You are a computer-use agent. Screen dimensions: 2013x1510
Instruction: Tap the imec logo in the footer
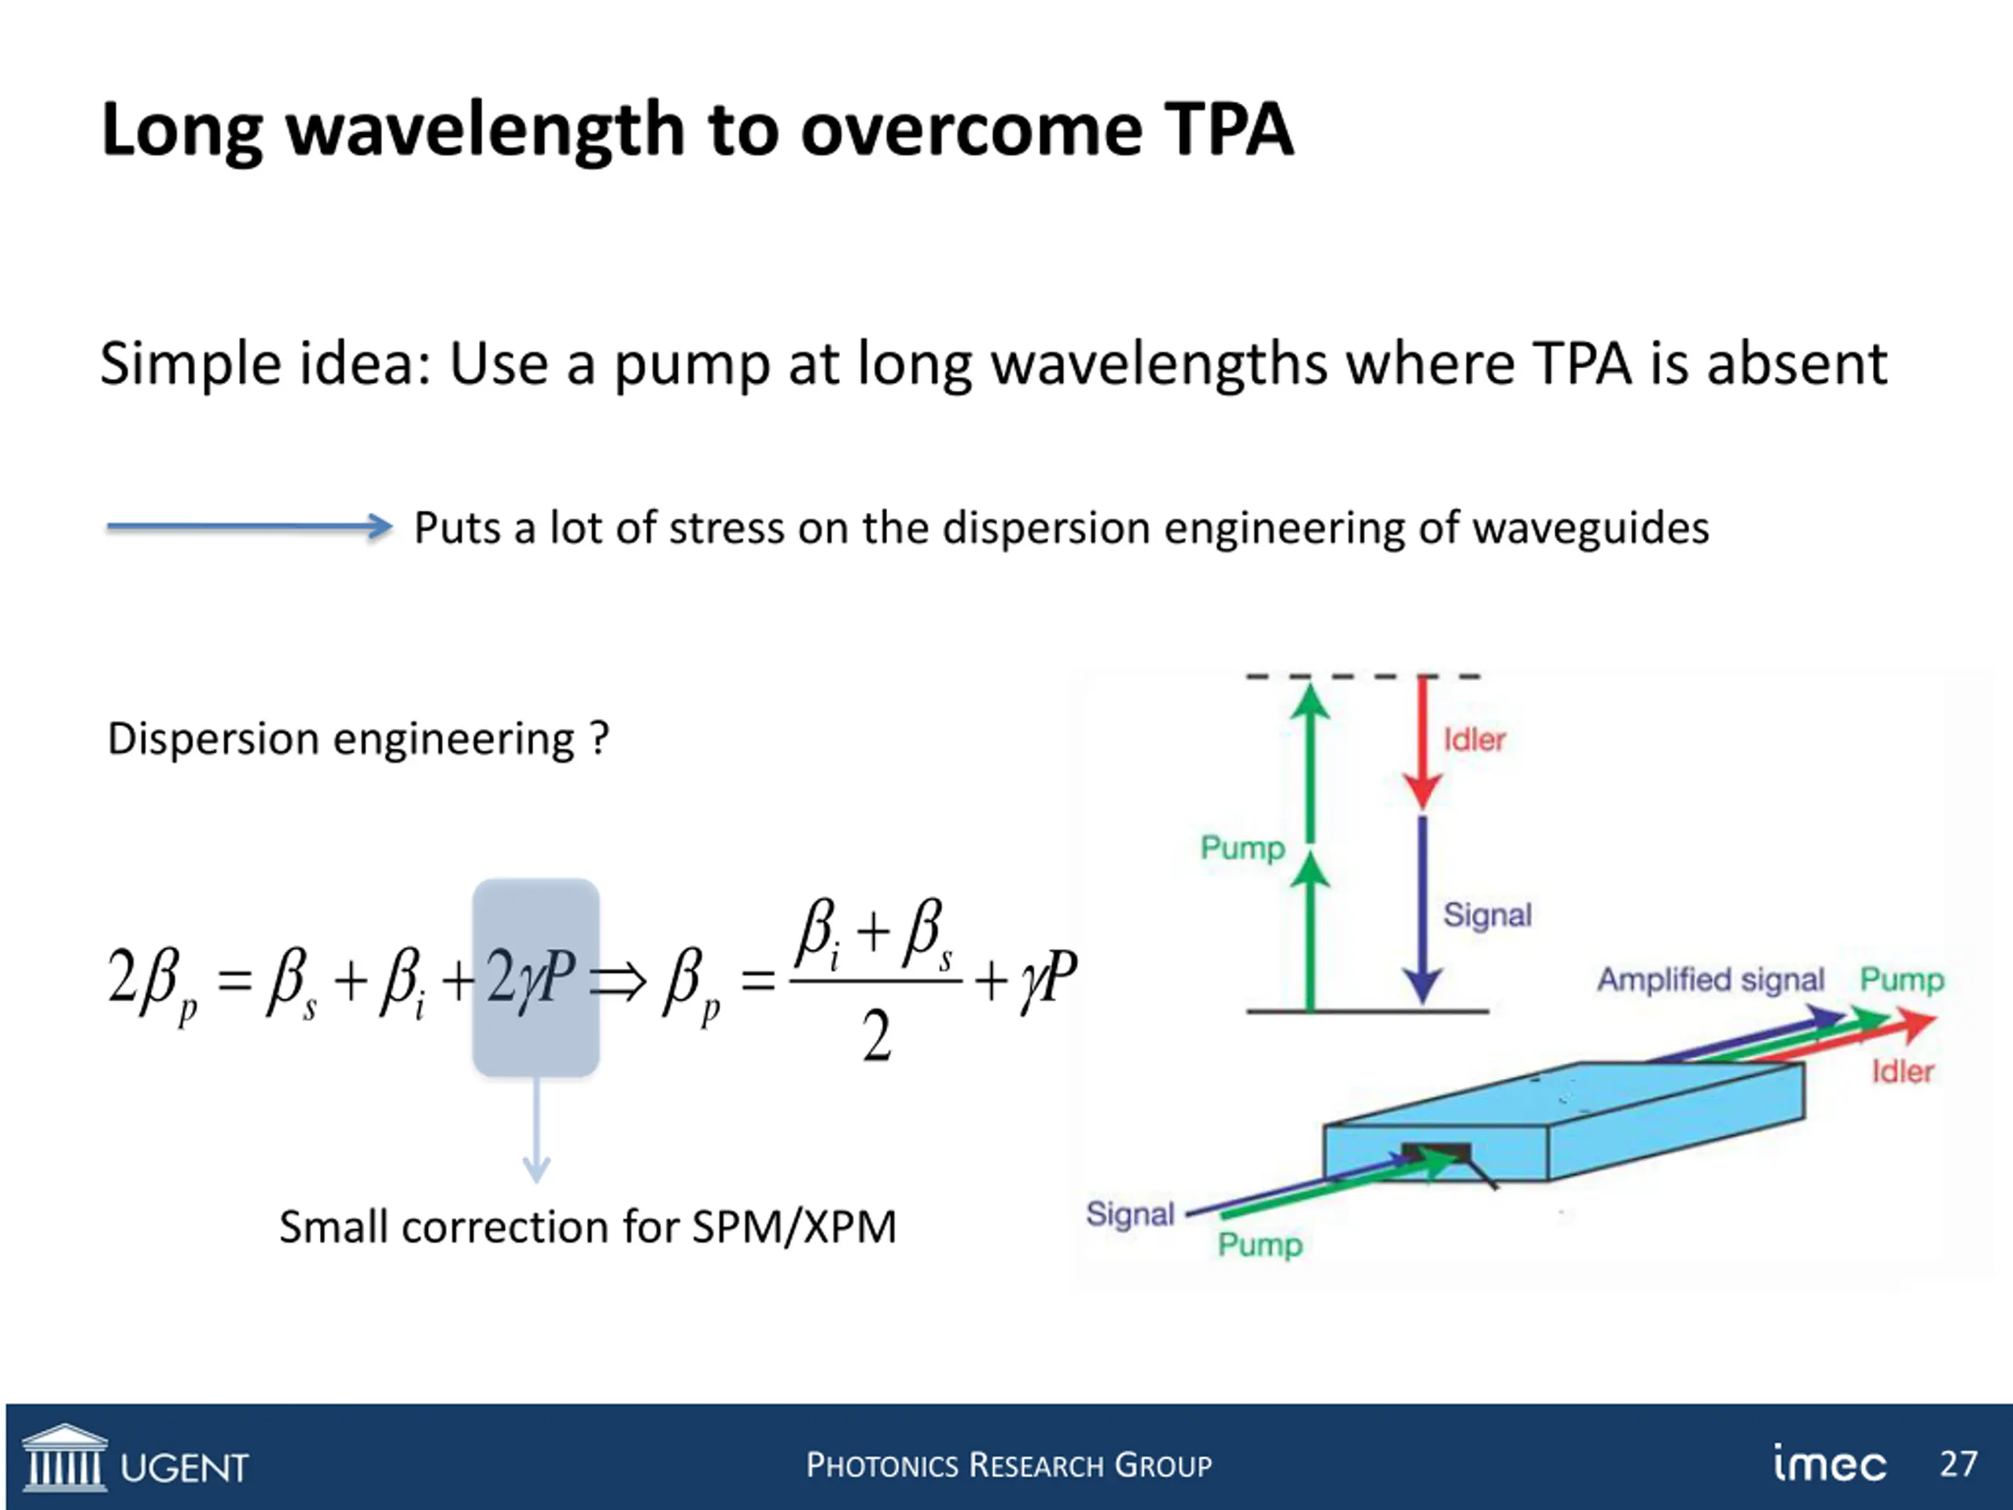click(1829, 1463)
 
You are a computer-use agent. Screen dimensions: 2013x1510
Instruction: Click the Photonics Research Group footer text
click(1008, 1465)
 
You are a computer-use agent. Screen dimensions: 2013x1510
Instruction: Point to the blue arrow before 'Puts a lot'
click(248, 526)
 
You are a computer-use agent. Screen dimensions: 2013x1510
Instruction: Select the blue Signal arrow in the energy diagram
click(1422, 910)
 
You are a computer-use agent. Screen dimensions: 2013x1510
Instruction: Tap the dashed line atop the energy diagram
click(1363, 677)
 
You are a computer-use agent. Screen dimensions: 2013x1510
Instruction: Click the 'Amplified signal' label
click(1711, 980)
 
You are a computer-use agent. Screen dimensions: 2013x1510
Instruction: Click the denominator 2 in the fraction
click(877, 1037)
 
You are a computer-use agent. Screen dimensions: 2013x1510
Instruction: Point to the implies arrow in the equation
click(619, 982)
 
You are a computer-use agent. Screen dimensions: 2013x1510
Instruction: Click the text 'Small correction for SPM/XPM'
click(587, 1227)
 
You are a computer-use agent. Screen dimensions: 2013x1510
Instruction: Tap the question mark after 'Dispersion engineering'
click(598, 738)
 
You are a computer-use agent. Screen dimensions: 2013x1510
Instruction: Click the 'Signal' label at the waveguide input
click(1130, 1214)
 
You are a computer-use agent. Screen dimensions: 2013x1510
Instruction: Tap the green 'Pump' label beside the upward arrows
click(1242, 849)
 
